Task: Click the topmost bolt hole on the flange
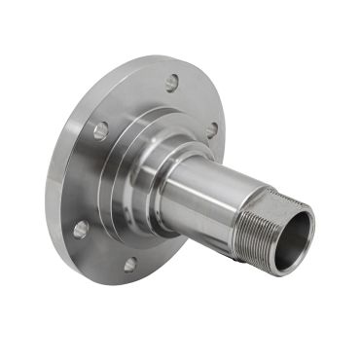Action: pos(171,84)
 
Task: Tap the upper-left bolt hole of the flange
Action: pos(100,129)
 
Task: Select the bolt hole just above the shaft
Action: pos(211,130)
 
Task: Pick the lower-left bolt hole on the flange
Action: pos(81,229)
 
